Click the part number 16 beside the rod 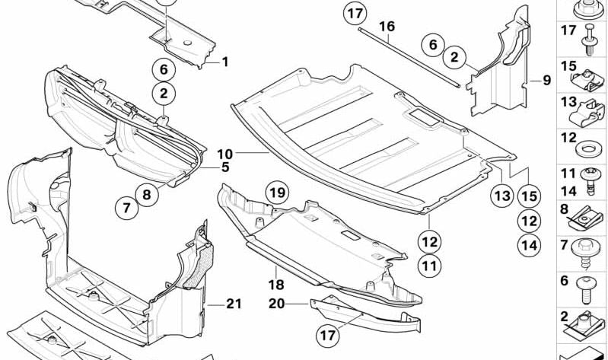[387, 27]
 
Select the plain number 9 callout [546, 79]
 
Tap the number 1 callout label [224, 62]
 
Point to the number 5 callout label [225, 167]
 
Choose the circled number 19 [278, 193]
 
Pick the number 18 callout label [275, 285]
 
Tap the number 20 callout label [275, 303]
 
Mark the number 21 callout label [233, 304]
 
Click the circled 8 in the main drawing [147, 194]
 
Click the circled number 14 [529, 245]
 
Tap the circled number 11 [430, 266]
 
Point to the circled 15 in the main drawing [529, 196]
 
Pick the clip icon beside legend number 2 [587, 326]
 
